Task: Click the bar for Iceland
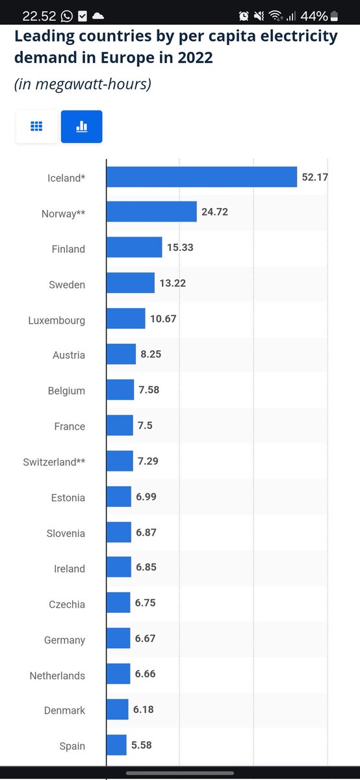tap(201, 177)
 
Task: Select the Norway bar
tap(151, 211)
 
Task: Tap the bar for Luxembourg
tap(125, 318)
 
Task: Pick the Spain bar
tap(116, 745)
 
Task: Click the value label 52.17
tap(315, 177)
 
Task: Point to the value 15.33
tap(180, 248)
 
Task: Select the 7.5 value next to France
tap(145, 426)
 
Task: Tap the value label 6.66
tap(145, 674)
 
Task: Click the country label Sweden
tap(67, 285)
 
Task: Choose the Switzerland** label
tap(54, 462)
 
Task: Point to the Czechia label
tap(67, 604)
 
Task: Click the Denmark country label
tap(64, 710)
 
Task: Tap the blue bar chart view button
tap(81, 126)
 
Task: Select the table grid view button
tap(36, 126)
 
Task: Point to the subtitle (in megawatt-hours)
tap(83, 84)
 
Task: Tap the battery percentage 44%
tap(314, 16)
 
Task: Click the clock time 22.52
tap(39, 16)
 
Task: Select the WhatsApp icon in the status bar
tap(66, 16)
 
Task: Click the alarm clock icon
tap(244, 16)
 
